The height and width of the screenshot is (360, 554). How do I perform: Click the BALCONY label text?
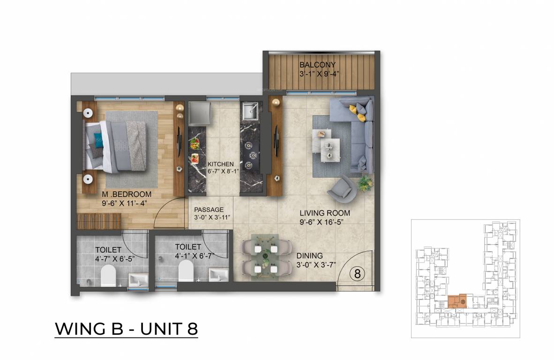point(317,65)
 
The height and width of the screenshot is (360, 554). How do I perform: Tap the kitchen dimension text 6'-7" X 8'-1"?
point(223,171)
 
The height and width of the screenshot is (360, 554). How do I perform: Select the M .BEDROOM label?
point(127,195)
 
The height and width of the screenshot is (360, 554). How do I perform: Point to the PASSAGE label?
point(209,210)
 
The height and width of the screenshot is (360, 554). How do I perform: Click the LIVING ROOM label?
point(325,213)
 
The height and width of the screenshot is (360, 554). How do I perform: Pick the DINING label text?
point(309,255)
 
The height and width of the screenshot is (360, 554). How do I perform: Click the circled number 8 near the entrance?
point(357,274)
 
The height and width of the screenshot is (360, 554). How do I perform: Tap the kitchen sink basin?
point(250,111)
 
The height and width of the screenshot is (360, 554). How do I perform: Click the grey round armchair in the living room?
point(342,190)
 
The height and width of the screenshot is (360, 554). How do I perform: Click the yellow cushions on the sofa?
point(357,113)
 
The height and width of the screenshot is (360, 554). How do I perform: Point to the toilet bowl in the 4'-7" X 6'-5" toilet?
point(108,276)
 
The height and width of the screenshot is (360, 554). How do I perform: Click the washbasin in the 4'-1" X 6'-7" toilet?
point(218,275)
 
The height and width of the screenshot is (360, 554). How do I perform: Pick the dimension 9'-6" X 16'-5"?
point(322,222)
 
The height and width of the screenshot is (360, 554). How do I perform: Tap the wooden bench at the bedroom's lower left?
point(99,221)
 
